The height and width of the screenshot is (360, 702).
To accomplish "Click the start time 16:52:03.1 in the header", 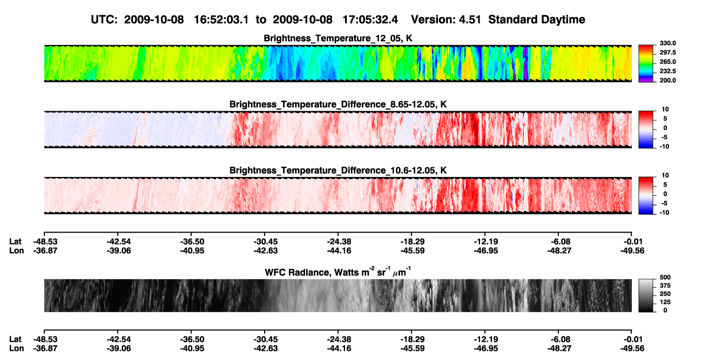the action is point(221,19).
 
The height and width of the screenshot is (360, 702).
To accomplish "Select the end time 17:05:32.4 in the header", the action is point(370,19).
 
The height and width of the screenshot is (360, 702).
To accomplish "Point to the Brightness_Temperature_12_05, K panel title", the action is point(338,38).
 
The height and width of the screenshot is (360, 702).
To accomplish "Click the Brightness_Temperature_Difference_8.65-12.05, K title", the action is point(338,104).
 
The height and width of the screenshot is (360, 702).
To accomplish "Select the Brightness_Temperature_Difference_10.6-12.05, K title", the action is point(338,171).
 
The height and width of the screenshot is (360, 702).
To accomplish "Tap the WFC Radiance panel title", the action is point(338,272).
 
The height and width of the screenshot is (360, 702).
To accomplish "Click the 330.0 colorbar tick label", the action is point(667,43).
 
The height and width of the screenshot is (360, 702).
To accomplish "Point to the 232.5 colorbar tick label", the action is point(667,71).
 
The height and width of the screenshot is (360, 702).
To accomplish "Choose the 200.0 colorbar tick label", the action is point(667,80).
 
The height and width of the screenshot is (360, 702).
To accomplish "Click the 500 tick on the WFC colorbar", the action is point(665,277).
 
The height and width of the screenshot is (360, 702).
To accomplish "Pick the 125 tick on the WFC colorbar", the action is point(665,302).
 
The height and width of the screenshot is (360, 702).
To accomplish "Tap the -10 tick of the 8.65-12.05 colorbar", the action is point(664,147).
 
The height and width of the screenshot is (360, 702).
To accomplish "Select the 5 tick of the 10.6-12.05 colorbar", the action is point(665,185).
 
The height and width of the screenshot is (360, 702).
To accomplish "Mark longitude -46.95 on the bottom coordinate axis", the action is point(486,349).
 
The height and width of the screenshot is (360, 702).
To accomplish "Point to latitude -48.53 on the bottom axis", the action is point(45,339).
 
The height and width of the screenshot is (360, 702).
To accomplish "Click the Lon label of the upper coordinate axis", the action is point(17,250).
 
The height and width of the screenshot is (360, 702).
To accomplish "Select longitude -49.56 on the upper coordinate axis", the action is point(632,250).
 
